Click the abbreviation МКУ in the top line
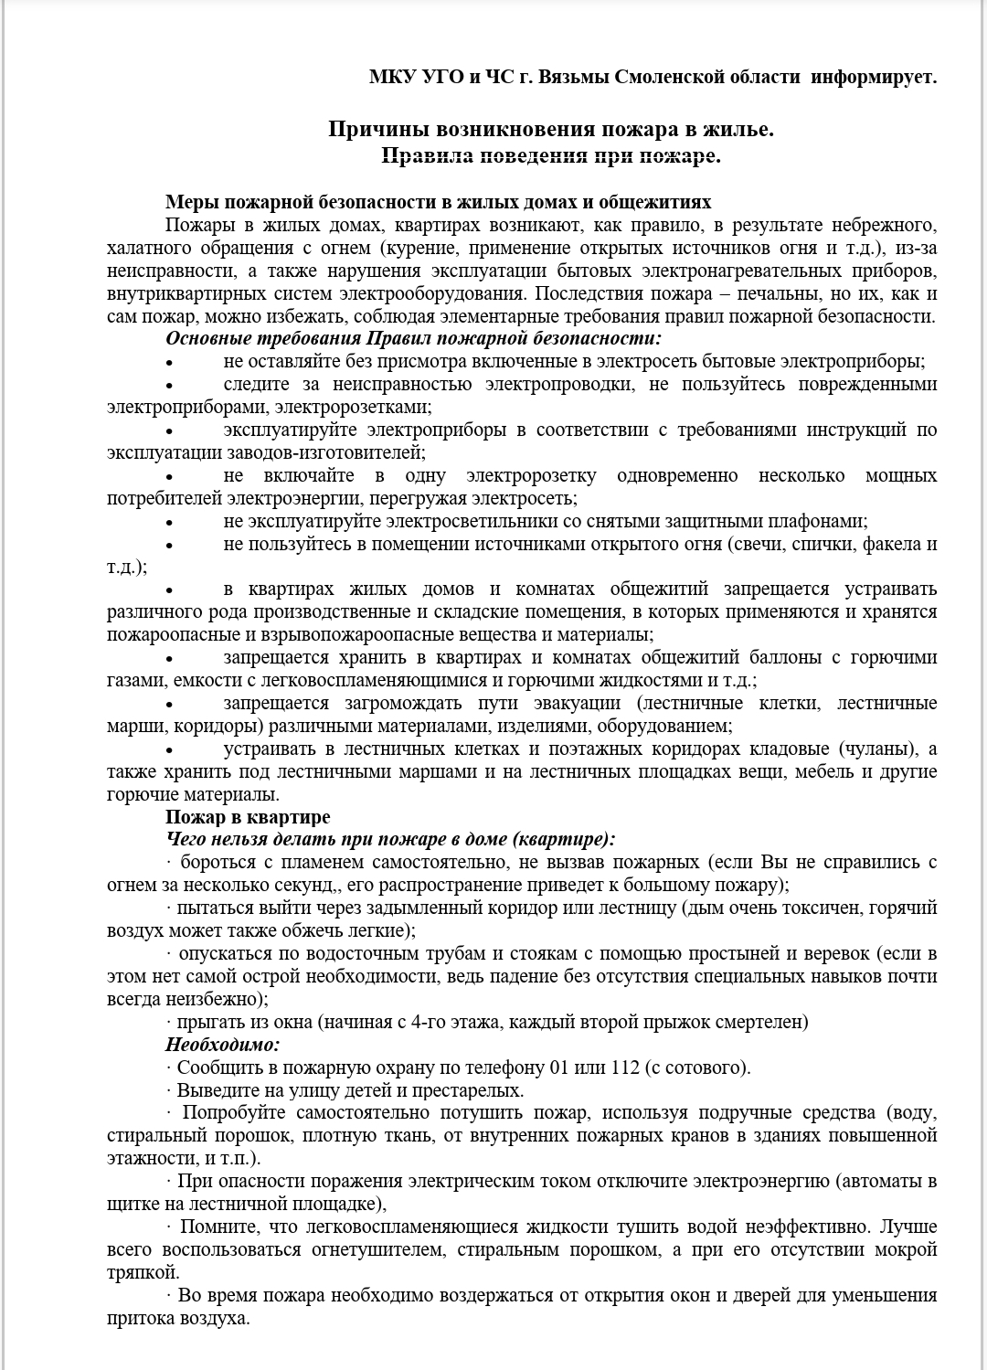tap(392, 77)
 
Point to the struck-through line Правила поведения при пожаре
tap(551, 156)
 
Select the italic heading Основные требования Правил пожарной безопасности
tap(412, 338)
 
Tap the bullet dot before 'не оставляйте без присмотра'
tap(169, 362)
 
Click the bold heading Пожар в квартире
tap(248, 817)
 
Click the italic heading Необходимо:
tap(223, 1045)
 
